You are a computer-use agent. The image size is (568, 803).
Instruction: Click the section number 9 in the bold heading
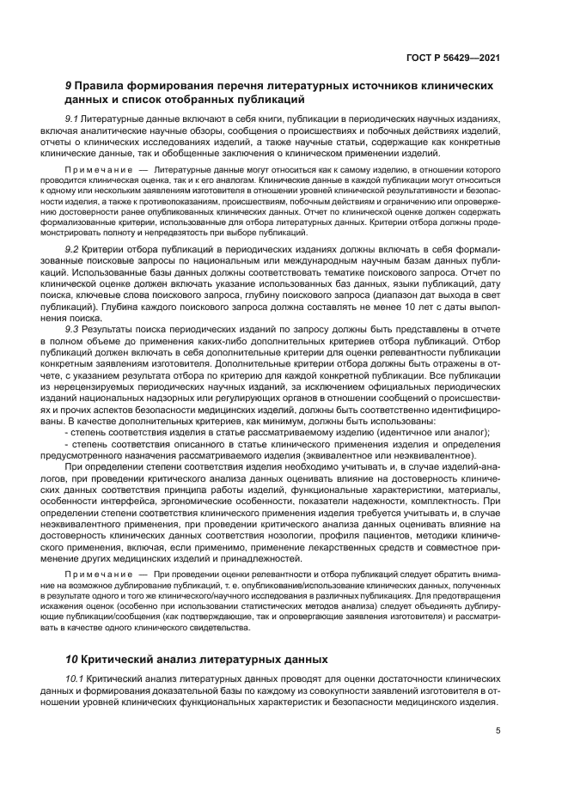69,87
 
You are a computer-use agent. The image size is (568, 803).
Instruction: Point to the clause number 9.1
73,118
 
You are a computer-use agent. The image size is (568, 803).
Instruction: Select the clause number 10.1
76,678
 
